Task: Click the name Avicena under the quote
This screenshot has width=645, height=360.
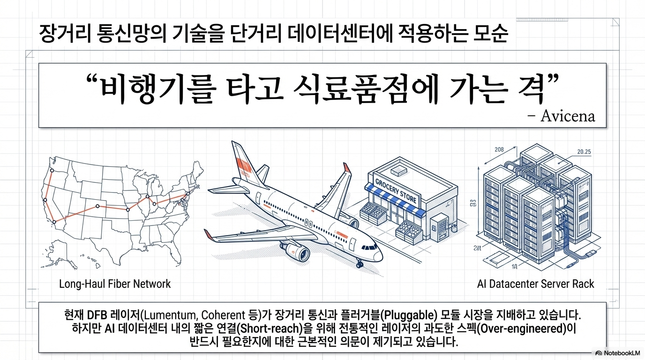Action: pyautogui.click(x=567, y=116)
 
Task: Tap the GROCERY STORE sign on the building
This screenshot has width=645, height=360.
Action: pyautogui.click(x=396, y=191)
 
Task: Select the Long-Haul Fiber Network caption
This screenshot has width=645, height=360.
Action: pyautogui.click(x=115, y=284)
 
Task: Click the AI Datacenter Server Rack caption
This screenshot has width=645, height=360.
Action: pyautogui.click(x=535, y=284)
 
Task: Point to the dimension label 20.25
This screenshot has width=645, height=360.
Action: pyautogui.click(x=584, y=151)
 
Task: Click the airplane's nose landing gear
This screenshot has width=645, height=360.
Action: pyautogui.click(x=359, y=264)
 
